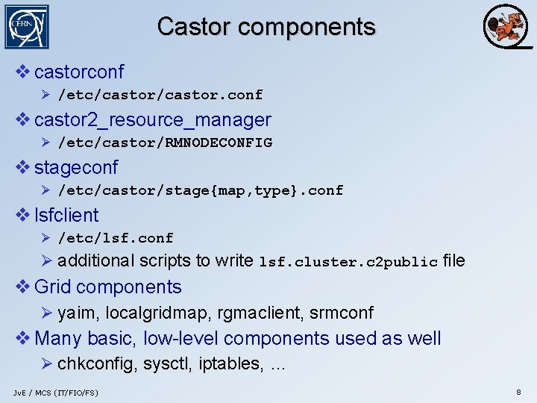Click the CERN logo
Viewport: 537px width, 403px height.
point(27,27)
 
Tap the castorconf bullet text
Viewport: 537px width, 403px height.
point(79,72)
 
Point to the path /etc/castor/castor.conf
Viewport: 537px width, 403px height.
point(160,95)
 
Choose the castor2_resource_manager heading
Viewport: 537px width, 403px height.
point(153,120)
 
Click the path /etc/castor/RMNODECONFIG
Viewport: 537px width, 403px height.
point(165,143)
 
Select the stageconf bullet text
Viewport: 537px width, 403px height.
point(76,168)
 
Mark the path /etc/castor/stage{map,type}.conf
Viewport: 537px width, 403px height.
point(201,190)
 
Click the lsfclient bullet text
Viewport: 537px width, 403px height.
point(66,216)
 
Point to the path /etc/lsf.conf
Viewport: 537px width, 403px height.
point(116,238)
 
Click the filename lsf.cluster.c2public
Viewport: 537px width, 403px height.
point(348,262)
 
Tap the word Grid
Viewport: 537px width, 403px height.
point(52,287)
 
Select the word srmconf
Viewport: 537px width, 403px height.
point(342,313)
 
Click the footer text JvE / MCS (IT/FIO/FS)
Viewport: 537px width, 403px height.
point(55,393)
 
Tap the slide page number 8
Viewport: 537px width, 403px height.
point(518,392)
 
